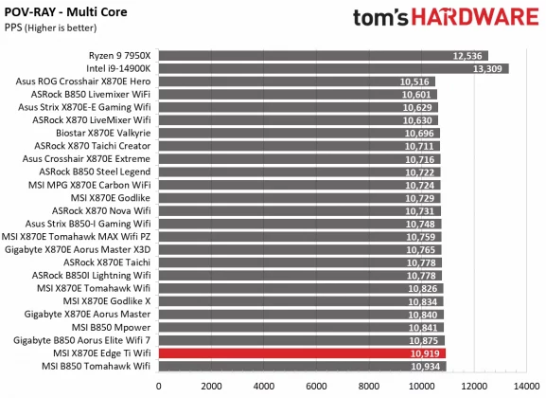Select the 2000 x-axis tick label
click(210, 387)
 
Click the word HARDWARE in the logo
click(474, 18)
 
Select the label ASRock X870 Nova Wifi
click(101, 210)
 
